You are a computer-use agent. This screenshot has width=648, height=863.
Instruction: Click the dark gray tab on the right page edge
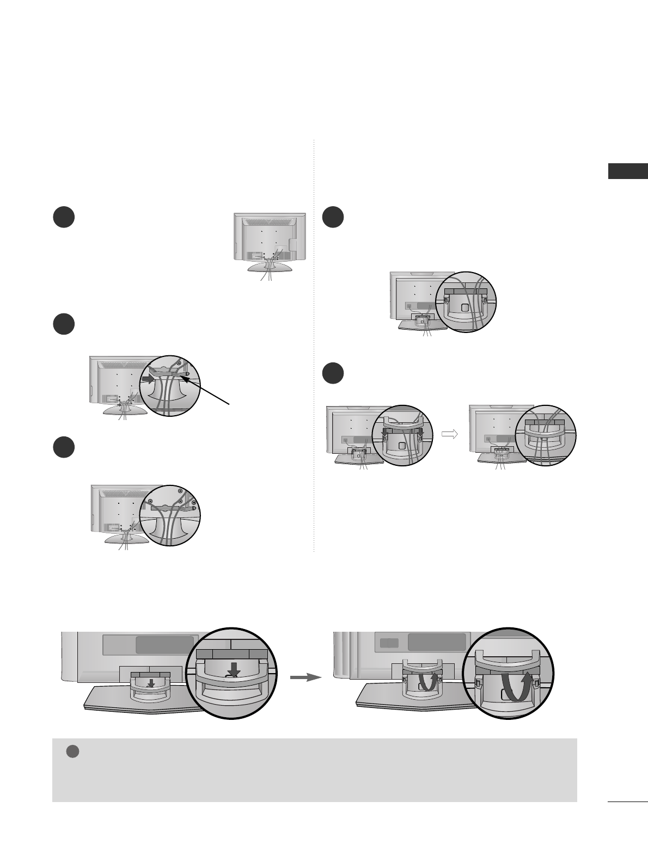point(628,171)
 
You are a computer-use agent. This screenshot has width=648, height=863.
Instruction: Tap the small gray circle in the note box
point(73,751)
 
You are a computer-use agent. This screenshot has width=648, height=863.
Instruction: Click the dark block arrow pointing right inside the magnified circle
point(148,379)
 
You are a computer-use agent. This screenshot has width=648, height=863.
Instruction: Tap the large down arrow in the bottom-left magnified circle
point(234,672)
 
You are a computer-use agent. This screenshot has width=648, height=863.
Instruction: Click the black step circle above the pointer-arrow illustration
point(64,324)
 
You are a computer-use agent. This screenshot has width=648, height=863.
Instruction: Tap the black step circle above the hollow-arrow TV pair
point(333,374)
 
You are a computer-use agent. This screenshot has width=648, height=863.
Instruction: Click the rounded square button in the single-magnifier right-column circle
point(464,307)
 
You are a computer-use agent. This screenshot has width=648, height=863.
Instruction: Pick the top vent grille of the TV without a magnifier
point(266,222)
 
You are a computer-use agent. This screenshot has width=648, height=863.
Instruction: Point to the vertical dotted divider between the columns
point(314,348)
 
